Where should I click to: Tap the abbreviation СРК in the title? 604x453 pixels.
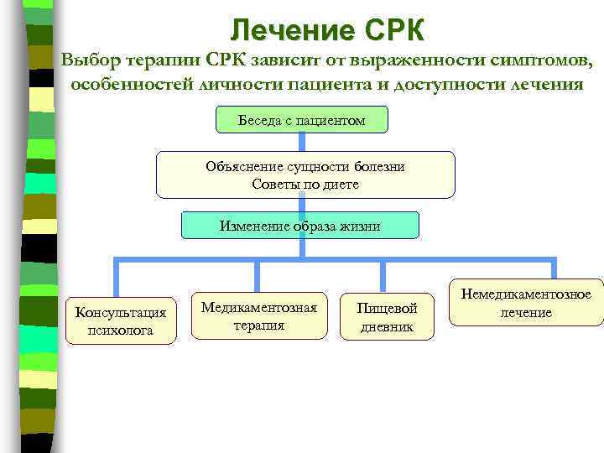(x=395, y=30)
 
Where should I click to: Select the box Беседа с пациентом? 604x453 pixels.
(x=302, y=121)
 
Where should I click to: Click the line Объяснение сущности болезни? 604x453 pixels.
(x=305, y=166)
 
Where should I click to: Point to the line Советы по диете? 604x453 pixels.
(x=305, y=184)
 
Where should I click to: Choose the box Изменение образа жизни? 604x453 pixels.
(x=300, y=226)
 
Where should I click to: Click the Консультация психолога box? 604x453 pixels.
(x=121, y=321)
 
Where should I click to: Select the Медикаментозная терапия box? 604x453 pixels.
(x=259, y=316)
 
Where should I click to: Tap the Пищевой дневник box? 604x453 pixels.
(x=387, y=317)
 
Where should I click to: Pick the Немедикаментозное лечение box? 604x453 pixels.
(x=526, y=303)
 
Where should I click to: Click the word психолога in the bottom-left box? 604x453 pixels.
(x=121, y=331)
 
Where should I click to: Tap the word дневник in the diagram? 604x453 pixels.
(x=387, y=326)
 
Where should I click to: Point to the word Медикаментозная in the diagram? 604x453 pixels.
(x=259, y=307)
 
